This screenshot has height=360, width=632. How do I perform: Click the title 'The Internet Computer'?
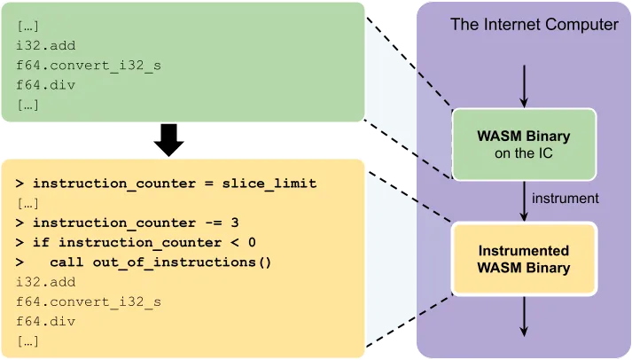534,25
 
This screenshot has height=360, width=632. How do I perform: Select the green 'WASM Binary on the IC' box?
523,145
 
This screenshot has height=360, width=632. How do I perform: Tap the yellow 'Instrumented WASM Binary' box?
523,259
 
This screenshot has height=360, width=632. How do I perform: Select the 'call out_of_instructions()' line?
160,262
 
